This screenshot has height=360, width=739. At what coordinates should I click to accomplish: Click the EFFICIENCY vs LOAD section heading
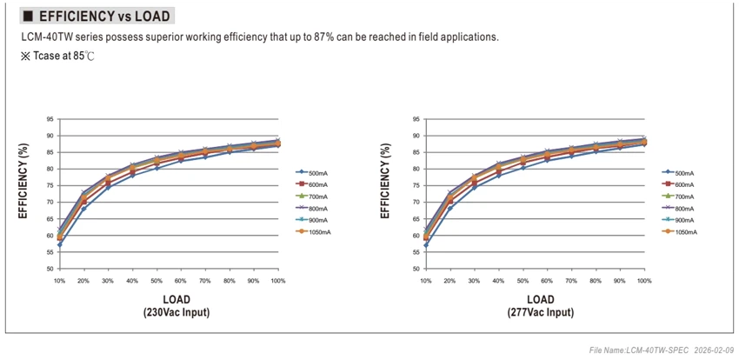pos(104,17)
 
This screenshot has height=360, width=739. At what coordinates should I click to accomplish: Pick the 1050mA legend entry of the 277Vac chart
pos(680,232)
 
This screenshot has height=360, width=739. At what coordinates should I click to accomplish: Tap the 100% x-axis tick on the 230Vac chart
pos(278,281)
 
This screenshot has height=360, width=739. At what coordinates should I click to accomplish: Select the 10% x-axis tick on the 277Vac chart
pos(426,281)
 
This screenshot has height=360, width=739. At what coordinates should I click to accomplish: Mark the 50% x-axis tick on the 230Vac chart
pos(156,281)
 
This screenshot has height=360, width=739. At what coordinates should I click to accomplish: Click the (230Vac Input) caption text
pos(176,312)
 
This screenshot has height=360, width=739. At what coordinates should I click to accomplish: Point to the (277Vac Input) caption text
pos(541,312)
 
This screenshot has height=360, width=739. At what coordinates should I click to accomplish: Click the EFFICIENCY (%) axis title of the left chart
pos(23,181)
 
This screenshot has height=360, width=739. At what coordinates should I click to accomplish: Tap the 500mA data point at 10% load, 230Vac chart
pos(59,245)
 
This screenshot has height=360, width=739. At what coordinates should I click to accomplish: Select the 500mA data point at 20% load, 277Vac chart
pos(450,209)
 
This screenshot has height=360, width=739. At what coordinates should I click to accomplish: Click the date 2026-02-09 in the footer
pos(714,350)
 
